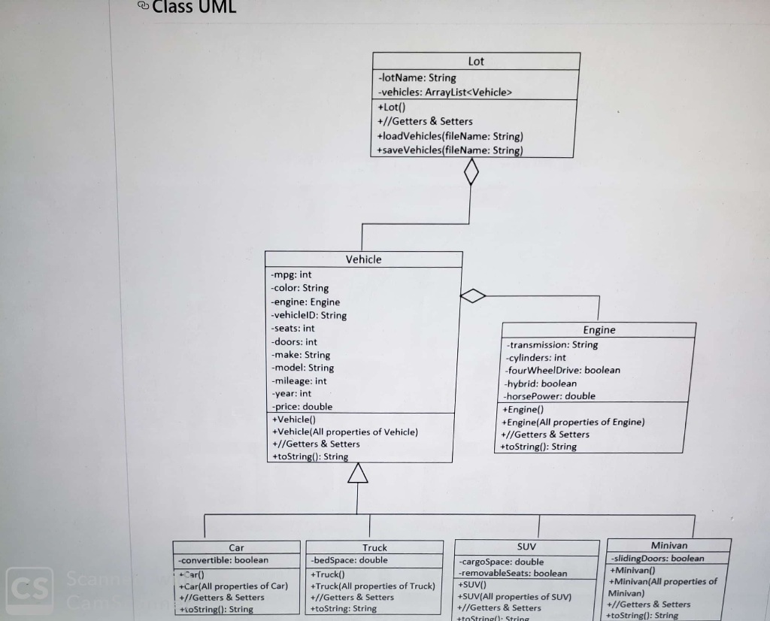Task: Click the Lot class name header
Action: tap(476, 62)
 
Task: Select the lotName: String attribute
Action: tap(417, 77)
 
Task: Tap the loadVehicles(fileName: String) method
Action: tap(450, 136)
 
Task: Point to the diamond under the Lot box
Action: tap(471, 172)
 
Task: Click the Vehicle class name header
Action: tap(363, 259)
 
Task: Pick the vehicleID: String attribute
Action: tap(309, 315)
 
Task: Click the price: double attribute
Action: tap(302, 407)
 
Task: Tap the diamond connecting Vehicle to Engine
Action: tap(473, 296)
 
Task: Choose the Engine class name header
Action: tap(599, 330)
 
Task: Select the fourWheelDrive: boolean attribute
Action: tap(562, 370)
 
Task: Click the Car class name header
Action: tap(236, 548)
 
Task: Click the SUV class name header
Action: tap(526, 547)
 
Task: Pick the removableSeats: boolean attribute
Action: tap(514, 573)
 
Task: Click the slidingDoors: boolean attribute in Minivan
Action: tap(658, 559)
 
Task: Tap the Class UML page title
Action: tap(194, 8)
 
